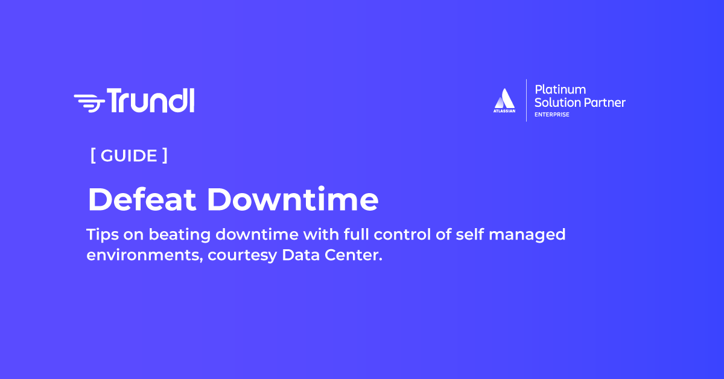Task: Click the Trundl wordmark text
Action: tap(151, 100)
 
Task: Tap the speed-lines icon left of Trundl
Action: tap(89, 102)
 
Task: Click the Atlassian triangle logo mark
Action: tap(504, 98)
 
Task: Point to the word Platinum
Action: tap(560, 90)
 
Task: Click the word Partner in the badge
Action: tap(605, 103)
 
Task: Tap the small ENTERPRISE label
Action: tap(551, 115)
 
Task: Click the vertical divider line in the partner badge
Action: tap(526, 100)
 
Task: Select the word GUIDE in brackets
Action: tap(129, 156)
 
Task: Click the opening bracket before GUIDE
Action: tap(93, 156)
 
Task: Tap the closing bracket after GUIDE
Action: tap(165, 156)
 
